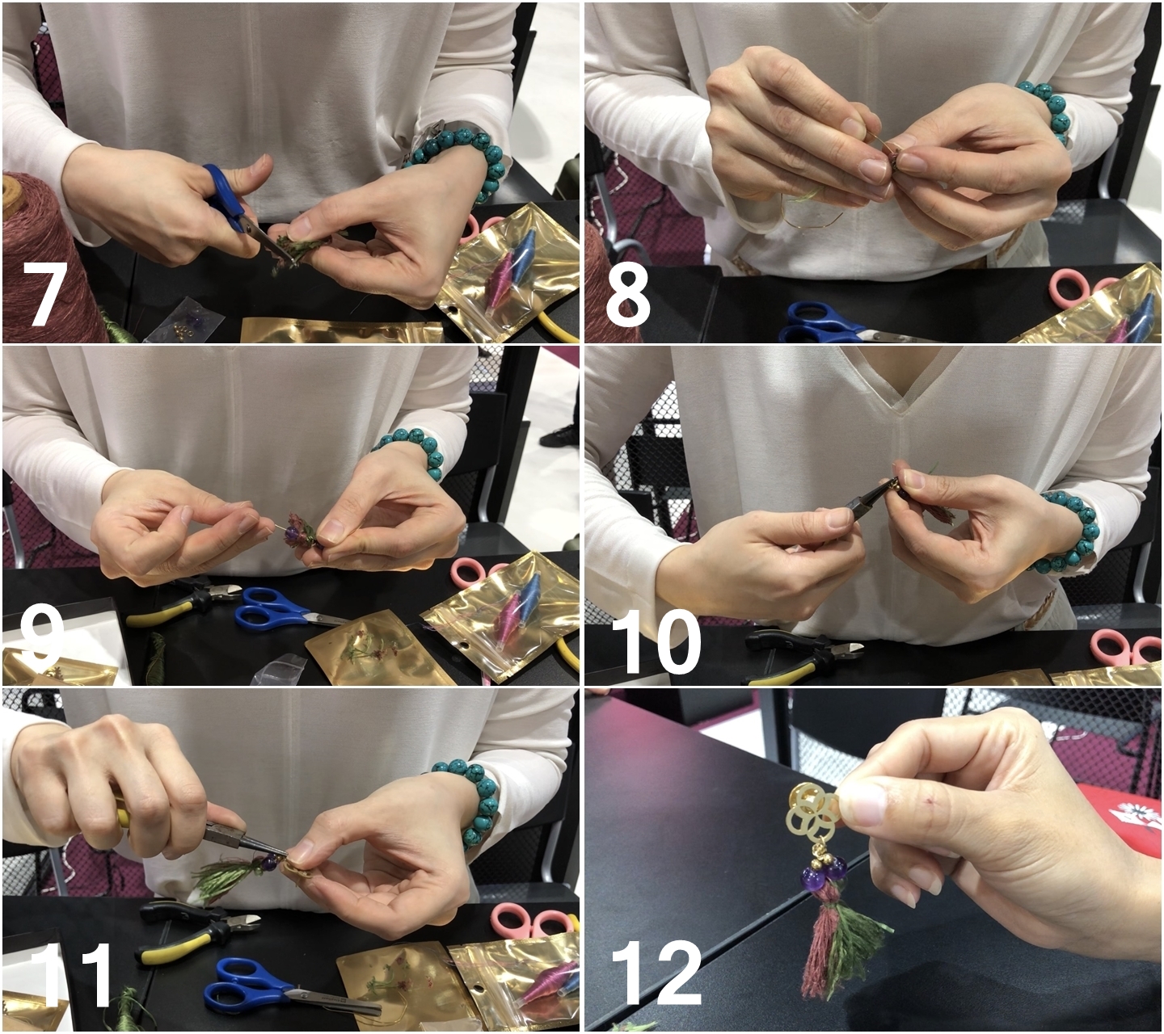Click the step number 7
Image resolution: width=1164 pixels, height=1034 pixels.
46,295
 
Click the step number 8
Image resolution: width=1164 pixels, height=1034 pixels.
628,295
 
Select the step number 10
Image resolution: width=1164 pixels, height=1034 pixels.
656,641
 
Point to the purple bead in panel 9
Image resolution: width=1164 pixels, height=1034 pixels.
289,533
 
